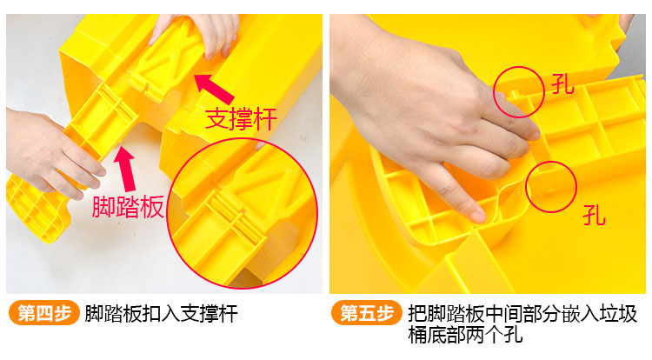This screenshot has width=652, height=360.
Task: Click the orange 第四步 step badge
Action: [x=43, y=313]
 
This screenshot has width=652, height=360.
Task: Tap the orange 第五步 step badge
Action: [x=366, y=313]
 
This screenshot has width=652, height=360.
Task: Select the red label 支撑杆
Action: [x=241, y=119]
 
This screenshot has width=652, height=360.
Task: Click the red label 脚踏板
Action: [x=128, y=207]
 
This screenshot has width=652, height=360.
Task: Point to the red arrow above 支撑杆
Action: [x=215, y=89]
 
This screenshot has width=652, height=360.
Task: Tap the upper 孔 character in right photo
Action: [x=562, y=85]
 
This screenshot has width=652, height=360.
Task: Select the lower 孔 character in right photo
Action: [x=594, y=215]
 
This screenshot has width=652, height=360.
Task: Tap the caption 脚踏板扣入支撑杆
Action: [x=162, y=313]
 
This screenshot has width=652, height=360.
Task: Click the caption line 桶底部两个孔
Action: [x=465, y=335]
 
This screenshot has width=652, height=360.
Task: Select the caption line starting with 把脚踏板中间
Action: [x=522, y=313]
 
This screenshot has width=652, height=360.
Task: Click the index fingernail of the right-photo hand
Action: [x=478, y=217]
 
